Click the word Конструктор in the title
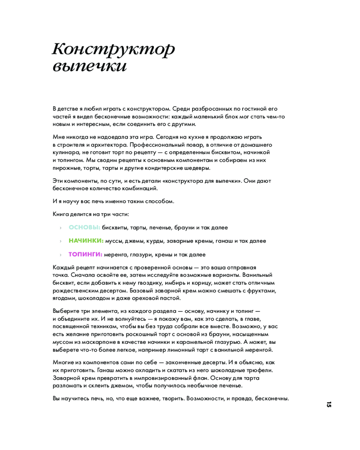pyautogui.click(x=113, y=49)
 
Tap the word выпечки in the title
pyautogui.click(x=90, y=67)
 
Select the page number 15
pyautogui.click(x=329, y=404)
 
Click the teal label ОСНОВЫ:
pyautogui.click(x=84, y=228)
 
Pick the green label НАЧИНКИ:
pyautogui.click(x=86, y=241)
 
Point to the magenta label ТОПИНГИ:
pyautogui.click(x=85, y=254)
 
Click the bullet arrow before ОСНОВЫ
pyautogui.click(x=61, y=228)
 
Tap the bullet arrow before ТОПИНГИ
pyautogui.click(x=61, y=255)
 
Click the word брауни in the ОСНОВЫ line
pyautogui.click(x=175, y=228)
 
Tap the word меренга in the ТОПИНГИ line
pyautogui.click(x=116, y=254)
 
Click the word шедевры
pyautogui.click(x=197, y=167)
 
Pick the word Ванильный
pyautogui.click(x=258, y=274)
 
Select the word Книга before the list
pyautogui.click(x=61, y=214)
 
